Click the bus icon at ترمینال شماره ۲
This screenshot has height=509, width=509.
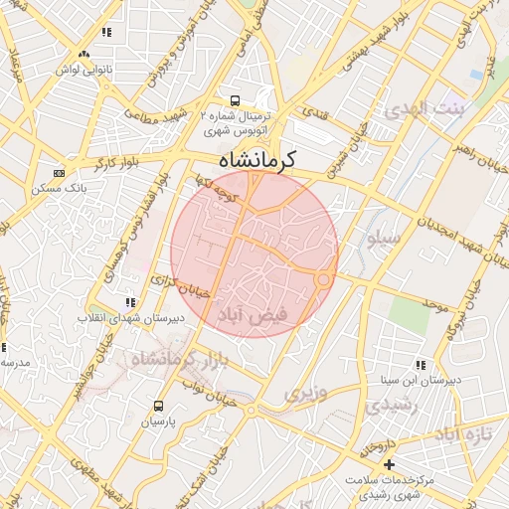235,100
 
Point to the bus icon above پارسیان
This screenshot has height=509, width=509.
158,406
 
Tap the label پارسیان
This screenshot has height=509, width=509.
157,422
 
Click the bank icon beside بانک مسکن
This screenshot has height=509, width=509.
59,172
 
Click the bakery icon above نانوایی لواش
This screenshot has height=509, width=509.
84,55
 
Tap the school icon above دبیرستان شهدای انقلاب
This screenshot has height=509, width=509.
129,302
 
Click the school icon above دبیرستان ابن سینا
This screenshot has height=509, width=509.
421,365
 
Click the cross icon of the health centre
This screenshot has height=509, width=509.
389,464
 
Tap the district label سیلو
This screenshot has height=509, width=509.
384,239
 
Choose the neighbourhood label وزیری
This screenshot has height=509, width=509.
305,394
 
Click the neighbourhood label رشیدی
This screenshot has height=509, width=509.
382,406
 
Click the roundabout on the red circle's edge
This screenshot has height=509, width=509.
323,280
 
